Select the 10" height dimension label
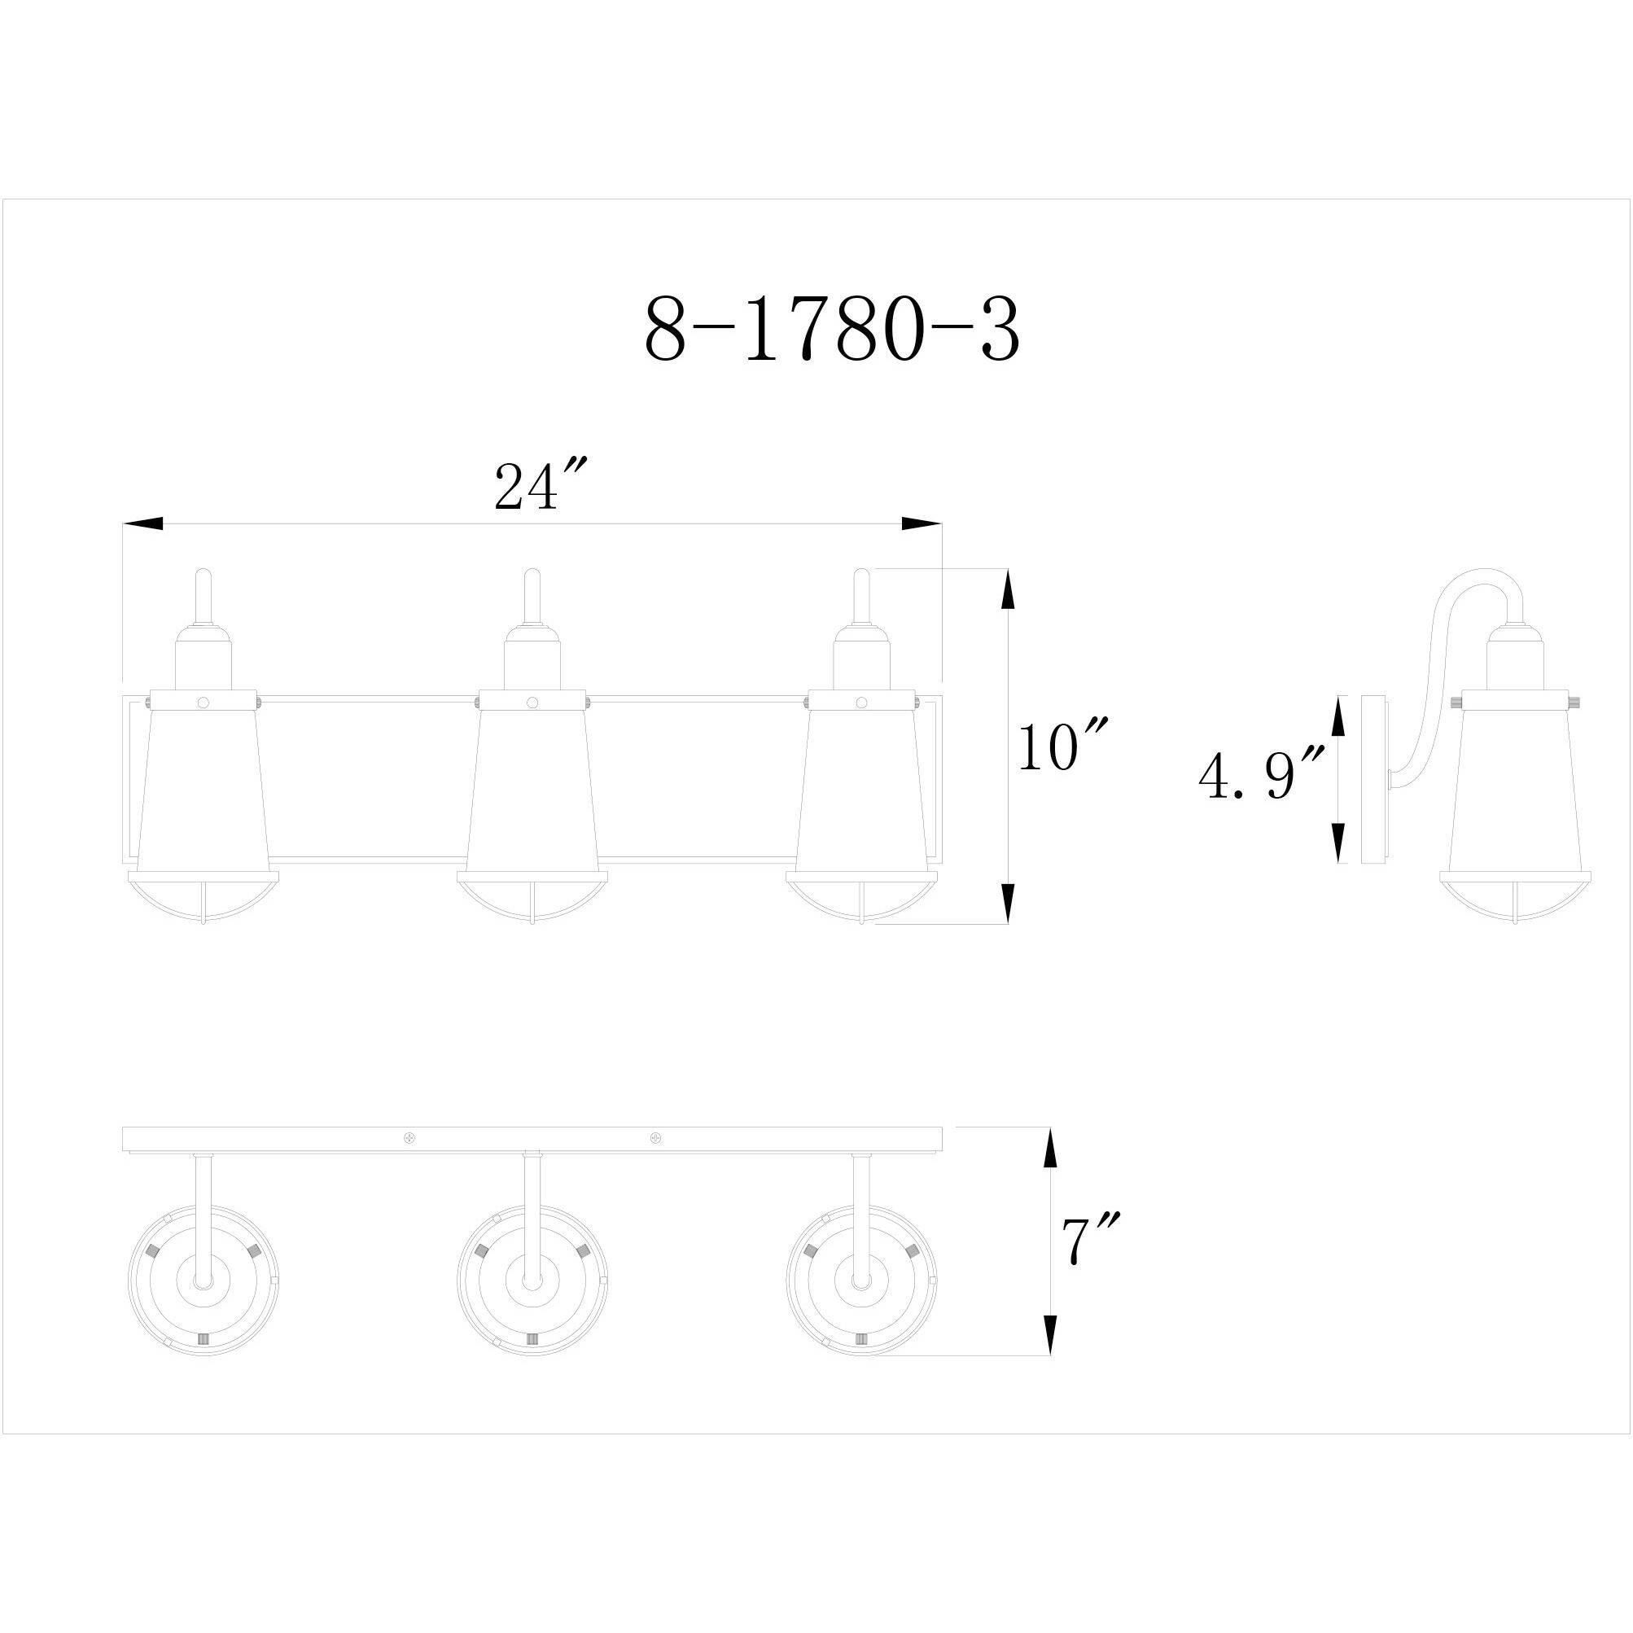click(x=1060, y=746)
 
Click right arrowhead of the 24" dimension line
click(x=922, y=524)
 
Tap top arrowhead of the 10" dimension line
click(x=1007, y=589)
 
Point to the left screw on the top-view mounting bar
click(x=410, y=1138)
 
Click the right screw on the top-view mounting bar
click(x=655, y=1138)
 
